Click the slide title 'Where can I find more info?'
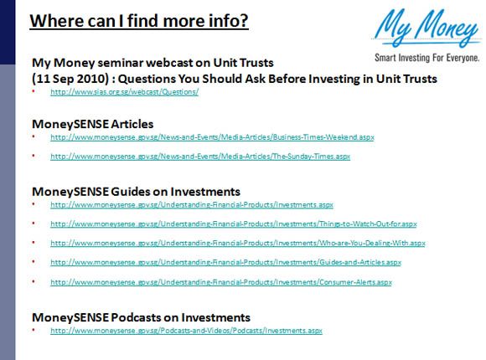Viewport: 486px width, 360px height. coord(139,21)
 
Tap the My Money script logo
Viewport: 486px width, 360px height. coord(427,28)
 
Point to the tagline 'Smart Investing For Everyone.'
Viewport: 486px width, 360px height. coord(427,58)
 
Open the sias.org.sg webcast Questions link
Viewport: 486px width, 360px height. coord(124,92)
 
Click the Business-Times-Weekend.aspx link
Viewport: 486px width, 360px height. coord(212,137)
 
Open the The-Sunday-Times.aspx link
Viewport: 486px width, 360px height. coord(200,157)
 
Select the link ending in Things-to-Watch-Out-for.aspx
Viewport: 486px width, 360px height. coord(234,224)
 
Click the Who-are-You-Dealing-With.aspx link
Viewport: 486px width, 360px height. coord(238,243)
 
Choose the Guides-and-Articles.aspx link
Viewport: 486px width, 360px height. coord(225,262)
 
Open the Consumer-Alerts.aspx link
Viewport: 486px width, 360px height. coord(221,282)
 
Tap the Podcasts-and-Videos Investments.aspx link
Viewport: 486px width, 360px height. coord(186,331)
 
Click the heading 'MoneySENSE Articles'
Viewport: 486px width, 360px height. coord(93,124)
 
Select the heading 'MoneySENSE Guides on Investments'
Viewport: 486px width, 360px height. coord(136,192)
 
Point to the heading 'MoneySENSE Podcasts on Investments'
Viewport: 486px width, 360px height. coord(141,317)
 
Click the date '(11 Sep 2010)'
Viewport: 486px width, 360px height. coord(70,79)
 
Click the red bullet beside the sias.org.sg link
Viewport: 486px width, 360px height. coord(34,91)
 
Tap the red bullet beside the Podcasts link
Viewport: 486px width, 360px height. coord(34,330)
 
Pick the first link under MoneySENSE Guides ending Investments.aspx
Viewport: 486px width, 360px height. coord(192,205)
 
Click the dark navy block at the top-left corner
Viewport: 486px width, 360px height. coord(8,32)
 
